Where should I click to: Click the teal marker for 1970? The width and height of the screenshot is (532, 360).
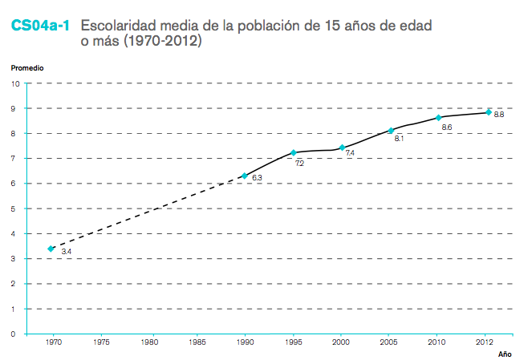[x=51, y=249]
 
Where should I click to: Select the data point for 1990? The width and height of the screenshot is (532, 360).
[x=245, y=176]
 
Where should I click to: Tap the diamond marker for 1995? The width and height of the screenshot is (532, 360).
[x=294, y=152]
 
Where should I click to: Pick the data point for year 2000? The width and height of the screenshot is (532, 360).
[x=343, y=148]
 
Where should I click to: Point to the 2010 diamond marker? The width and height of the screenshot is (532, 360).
[x=439, y=118]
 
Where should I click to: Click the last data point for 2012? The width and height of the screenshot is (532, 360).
[x=488, y=112]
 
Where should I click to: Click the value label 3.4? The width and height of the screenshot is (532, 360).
[x=67, y=252]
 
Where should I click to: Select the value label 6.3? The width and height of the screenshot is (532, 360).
[x=258, y=178]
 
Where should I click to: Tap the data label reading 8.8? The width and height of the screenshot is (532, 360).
[x=499, y=115]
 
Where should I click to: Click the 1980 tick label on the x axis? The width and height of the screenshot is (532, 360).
[x=149, y=342]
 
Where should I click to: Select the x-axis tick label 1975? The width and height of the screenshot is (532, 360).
[x=101, y=342]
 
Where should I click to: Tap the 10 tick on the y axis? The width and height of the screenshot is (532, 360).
[x=16, y=83]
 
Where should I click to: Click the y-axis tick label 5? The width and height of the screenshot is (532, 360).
[x=18, y=208]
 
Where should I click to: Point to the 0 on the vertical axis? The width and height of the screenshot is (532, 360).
[x=18, y=334]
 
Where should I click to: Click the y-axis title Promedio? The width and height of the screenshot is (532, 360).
[x=27, y=68]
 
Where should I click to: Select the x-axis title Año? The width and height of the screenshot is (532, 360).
[x=504, y=354]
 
